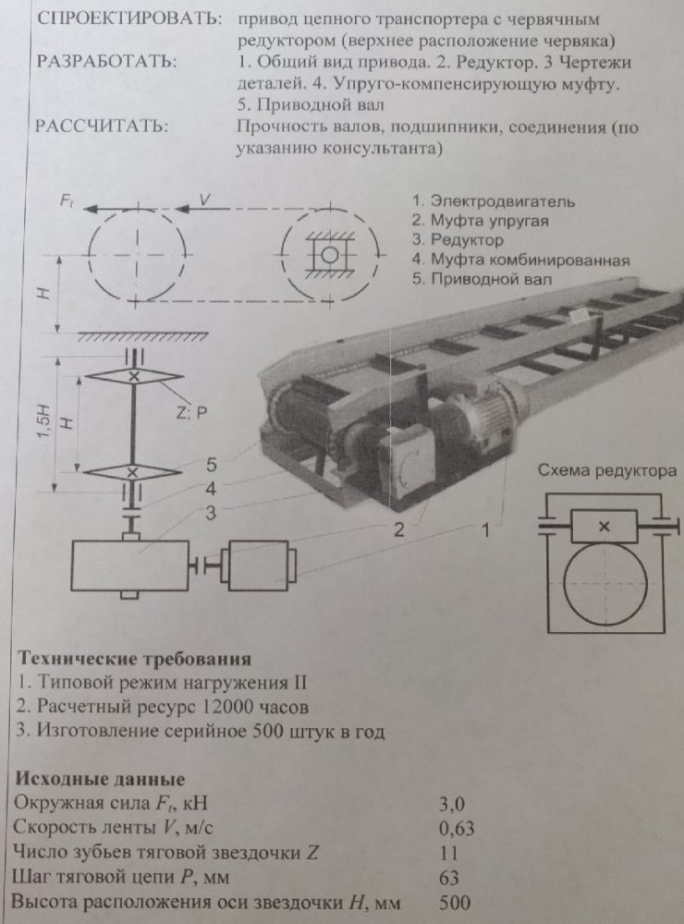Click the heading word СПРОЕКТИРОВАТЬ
tap(128, 19)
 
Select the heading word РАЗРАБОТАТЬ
tap(105, 63)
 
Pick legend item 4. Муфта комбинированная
tap(520, 260)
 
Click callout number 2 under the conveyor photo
tap(398, 529)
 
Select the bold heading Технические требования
tap(134, 660)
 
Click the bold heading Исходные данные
tap(101, 779)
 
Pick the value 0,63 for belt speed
tap(454, 828)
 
